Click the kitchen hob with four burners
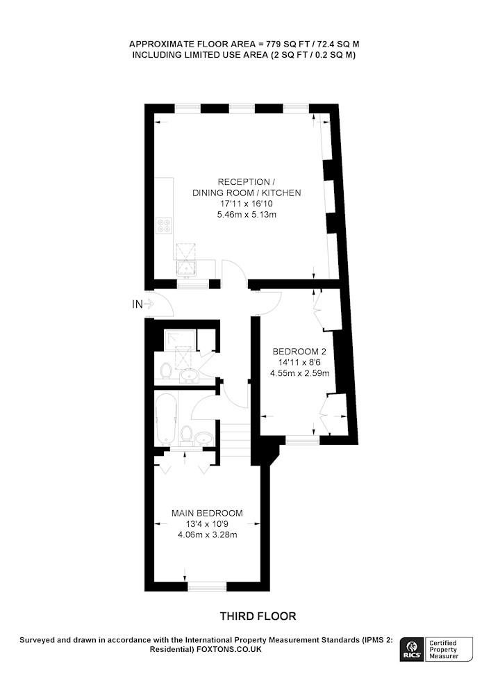tap(165, 226)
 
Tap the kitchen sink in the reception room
tap(186, 268)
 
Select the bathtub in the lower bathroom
tap(167, 419)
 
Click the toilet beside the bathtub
tap(186, 434)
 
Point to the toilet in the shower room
tap(167, 371)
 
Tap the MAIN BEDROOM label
tap(207, 514)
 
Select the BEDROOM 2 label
tap(299, 352)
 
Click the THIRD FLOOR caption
tap(258, 616)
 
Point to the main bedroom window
tap(207, 587)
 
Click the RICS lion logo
tap(412, 649)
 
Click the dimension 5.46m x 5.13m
tap(247, 215)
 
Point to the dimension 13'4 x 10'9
tap(207, 524)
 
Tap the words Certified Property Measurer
tap(444, 649)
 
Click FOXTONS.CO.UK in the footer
tap(229, 649)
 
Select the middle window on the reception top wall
tap(242, 108)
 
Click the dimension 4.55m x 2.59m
tap(300, 373)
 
